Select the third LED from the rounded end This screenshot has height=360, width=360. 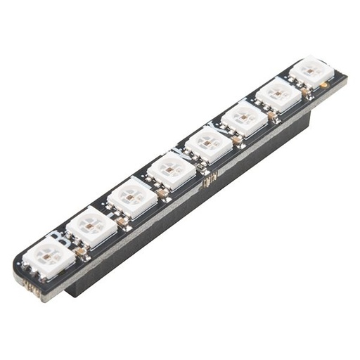click(132, 198)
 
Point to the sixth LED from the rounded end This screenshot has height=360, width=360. click(245, 120)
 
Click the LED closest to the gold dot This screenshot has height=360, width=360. click(311, 72)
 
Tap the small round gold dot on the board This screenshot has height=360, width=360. click(323, 86)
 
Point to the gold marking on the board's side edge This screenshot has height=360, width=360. click(209, 182)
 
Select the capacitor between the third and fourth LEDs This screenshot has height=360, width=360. click(162, 192)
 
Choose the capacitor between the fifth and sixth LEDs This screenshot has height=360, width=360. click(238, 140)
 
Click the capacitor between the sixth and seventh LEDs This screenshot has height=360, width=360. click(272, 115)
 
